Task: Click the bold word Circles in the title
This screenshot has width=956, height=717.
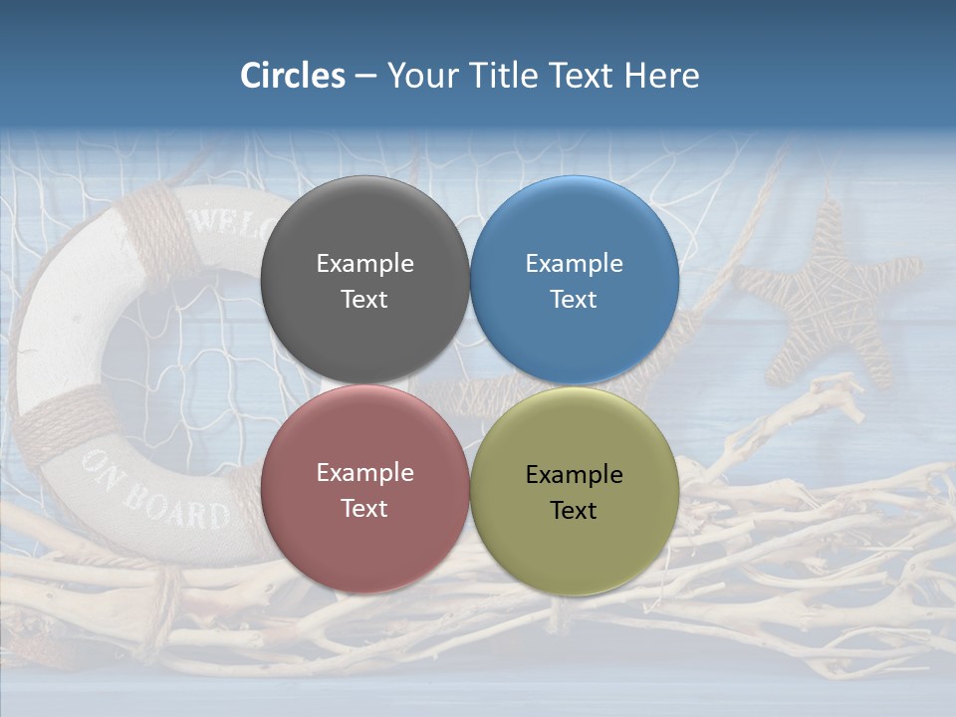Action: (293, 76)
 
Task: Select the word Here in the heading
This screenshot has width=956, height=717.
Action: (661, 76)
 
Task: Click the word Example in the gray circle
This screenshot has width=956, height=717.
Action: (364, 264)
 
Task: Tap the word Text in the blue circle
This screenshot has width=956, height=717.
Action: (574, 300)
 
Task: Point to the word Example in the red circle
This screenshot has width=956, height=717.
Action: (364, 473)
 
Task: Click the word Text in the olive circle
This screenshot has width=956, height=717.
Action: (574, 511)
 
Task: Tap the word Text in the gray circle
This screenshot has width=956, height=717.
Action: (364, 300)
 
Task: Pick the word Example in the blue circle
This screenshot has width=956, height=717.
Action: (574, 264)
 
